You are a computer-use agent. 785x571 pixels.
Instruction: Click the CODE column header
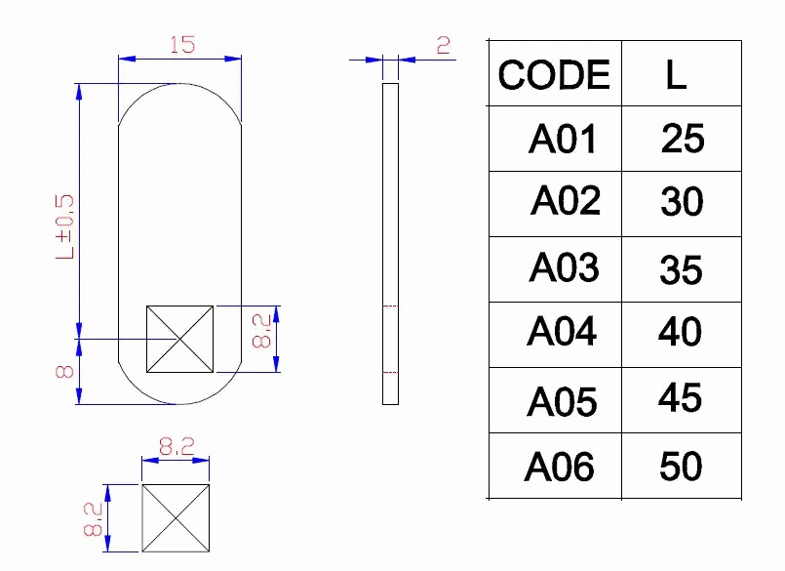[x=554, y=75]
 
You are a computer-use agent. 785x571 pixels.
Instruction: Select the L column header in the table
[x=676, y=75]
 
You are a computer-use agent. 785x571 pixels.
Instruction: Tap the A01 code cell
[x=562, y=140]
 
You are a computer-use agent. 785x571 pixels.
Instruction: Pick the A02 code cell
[x=566, y=202]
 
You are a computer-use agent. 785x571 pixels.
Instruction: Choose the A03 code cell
[x=564, y=267]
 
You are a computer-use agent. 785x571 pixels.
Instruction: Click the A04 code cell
[x=562, y=333]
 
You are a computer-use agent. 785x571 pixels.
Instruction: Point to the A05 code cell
[x=562, y=400]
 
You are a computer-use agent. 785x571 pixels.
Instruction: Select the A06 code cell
[x=560, y=467]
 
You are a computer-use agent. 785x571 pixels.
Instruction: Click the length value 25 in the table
[x=682, y=139]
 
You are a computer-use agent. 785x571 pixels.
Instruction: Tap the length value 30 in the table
[x=682, y=203]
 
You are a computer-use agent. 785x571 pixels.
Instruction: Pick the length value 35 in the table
[x=681, y=269]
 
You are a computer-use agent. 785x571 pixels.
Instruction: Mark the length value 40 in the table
[x=680, y=333]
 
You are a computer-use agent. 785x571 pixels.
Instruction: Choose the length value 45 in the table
[x=680, y=398]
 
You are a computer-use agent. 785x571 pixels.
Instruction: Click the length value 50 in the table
[x=681, y=466]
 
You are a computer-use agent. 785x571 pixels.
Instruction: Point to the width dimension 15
[x=180, y=45]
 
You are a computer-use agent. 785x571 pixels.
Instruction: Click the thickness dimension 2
[x=444, y=45]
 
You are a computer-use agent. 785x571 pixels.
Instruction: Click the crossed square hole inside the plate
[x=179, y=339]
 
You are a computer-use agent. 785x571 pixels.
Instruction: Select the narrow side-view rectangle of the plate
[x=390, y=244]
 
